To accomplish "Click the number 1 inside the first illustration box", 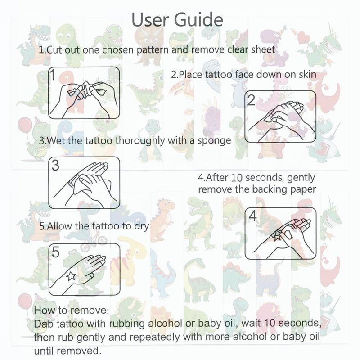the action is click(x=53, y=75).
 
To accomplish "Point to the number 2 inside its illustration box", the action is click(x=251, y=100).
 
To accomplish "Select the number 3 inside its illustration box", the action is click(x=55, y=165).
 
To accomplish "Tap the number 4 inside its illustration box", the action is click(x=252, y=216).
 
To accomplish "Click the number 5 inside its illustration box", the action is click(x=55, y=252).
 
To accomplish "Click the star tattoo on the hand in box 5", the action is click(x=71, y=276).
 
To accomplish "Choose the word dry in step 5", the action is click(x=142, y=227).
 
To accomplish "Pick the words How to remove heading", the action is click(x=72, y=310).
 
